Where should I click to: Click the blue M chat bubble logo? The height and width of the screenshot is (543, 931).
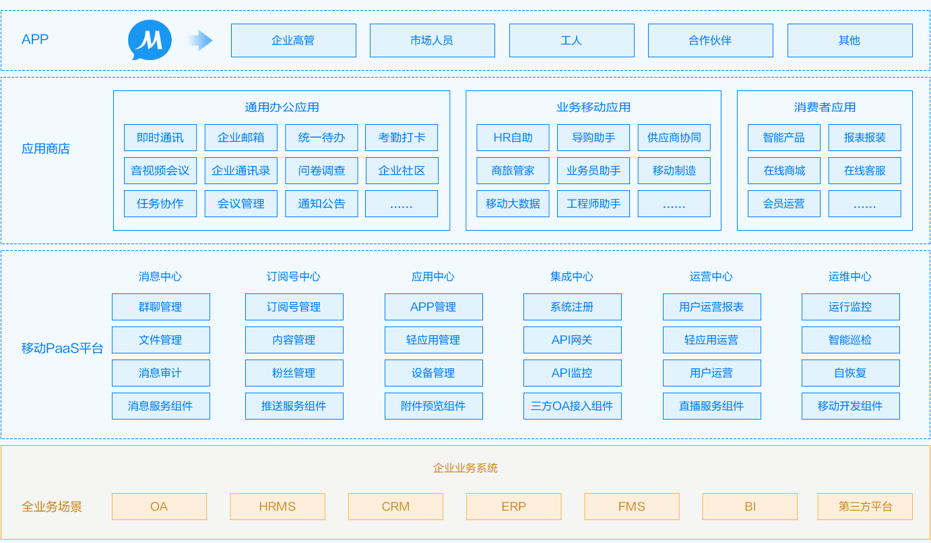(150, 40)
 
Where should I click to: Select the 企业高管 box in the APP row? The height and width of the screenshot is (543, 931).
(294, 40)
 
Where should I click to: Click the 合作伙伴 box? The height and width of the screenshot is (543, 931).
(710, 40)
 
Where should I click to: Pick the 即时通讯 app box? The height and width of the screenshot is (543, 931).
(160, 138)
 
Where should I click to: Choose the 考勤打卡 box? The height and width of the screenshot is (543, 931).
(402, 138)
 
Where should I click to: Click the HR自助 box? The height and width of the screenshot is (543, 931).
(513, 138)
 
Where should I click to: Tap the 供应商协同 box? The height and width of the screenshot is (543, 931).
(674, 138)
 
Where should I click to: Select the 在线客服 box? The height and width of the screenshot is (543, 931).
(864, 171)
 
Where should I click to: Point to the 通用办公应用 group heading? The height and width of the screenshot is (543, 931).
(282, 107)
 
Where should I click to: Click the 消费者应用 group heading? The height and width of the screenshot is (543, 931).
(825, 107)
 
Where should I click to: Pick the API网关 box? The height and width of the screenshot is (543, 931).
(573, 340)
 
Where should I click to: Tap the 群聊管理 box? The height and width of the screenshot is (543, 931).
(161, 307)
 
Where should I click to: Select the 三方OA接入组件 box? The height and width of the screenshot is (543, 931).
(573, 406)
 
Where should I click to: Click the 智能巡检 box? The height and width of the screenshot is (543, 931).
(850, 340)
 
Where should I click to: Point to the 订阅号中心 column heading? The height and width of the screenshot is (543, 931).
(294, 277)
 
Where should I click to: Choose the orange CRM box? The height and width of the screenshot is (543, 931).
(395, 507)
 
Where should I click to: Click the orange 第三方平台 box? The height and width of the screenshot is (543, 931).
(865, 507)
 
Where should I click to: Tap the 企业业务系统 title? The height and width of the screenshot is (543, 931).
(465, 468)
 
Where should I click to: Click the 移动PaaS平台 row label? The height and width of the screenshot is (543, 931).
(63, 348)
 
